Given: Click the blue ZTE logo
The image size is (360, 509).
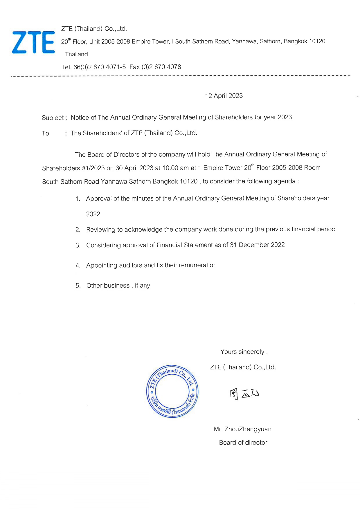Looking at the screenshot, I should tap(33, 42).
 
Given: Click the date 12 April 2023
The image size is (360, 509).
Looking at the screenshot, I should tap(224, 96).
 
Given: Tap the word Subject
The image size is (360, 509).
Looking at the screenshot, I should tap(53, 118).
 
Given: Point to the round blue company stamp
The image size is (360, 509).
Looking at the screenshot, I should tap(172, 391).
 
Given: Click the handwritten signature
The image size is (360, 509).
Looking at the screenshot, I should tap(244, 394).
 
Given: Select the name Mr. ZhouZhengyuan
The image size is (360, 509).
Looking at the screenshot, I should tap(242, 429).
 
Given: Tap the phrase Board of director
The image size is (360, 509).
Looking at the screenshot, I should tap(243, 443).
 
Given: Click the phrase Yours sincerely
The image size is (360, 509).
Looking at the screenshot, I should tap(242, 352).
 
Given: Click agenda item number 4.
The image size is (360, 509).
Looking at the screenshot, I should tap(78, 266).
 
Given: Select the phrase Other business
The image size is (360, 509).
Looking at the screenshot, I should tap(108, 286).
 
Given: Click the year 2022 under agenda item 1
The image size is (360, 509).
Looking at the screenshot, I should tap(93, 214).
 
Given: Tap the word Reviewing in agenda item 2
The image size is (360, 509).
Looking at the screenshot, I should tap(100, 230).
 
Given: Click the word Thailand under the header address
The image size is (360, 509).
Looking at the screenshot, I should tap(76, 54).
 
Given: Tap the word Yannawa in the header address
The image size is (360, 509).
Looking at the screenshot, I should tap(244, 41).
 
